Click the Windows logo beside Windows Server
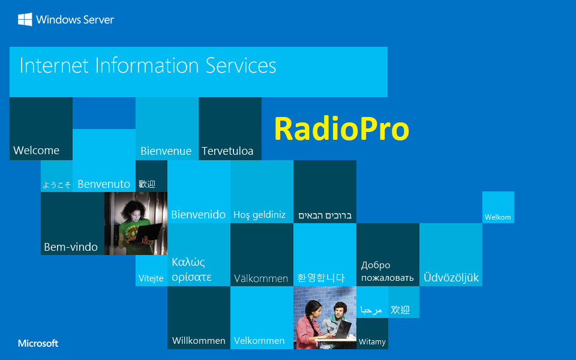point(25,20)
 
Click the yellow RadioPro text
point(341,129)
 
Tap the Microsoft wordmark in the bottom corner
point(38,343)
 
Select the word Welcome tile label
point(37,150)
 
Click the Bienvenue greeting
point(166,151)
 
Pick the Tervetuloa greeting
point(227,151)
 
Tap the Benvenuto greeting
point(104,184)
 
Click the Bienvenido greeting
point(198,214)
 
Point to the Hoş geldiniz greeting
point(259,215)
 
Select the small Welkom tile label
point(497,217)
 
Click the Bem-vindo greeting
point(71,247)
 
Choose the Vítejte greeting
point(151,278)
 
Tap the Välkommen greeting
point(261,278)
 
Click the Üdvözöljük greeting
point(451,277)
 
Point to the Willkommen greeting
point(199,340)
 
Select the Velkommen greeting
point(259,340)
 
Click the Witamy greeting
point(372,342)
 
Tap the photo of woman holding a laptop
point(136,223)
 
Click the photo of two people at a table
point(325,318)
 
